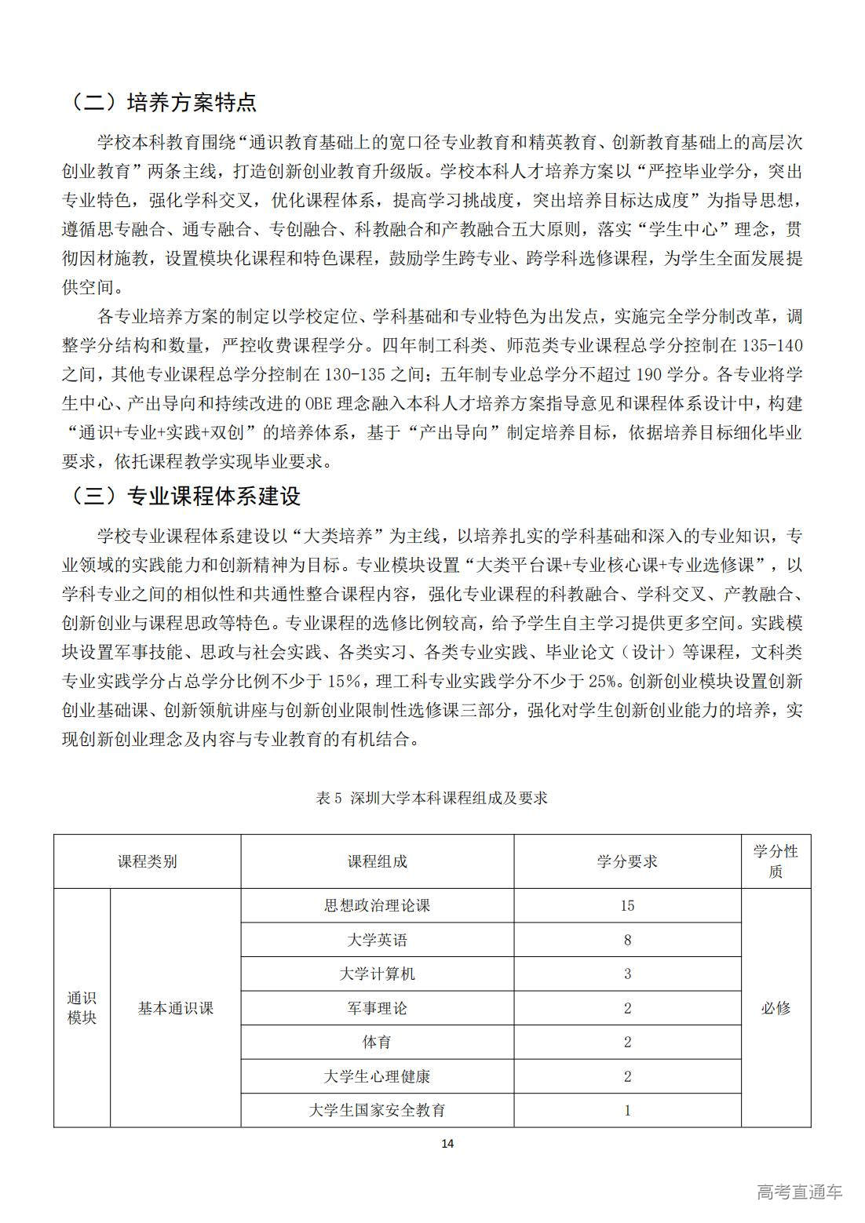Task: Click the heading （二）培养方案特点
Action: tap(162, 103)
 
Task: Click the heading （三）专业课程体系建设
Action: tap(184, 496)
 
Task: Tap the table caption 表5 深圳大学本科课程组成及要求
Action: tap(431, 798)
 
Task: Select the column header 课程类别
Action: tap(147, 861)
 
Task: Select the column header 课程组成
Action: tap(377, 861)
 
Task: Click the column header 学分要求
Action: tap(627, 861)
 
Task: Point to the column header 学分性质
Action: tap(776, 861)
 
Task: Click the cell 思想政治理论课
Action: tap(377, 905)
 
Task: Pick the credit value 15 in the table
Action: tap(627, 905)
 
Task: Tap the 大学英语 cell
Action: tap(377, 940)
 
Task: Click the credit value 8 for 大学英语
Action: tap(627, 940)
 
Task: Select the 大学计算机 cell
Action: tap(377, 974)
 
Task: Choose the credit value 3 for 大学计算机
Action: tap(627, 974)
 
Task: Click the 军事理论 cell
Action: tap(377, 1008)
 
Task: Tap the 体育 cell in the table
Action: tap(377, 1042)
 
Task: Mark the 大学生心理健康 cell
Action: tap(377, 1076)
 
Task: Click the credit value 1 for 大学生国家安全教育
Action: tap(627, 1110)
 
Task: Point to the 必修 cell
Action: tap(776, 1008)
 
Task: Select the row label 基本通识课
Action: tap(175, 1008)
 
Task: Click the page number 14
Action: tap(447, 1143)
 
